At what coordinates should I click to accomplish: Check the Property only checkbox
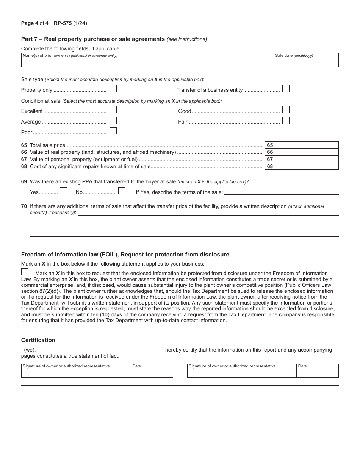click(113, 89)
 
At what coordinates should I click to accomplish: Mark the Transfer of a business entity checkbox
click(286, 89)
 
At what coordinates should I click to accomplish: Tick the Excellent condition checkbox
click(113, 110)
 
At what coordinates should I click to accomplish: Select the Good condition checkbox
click(286, 110)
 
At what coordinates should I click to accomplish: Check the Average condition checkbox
click(113, 120)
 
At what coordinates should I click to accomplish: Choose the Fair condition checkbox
click(286, 120)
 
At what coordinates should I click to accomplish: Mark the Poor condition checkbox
click(113, 131)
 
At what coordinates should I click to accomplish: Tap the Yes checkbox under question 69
click(63, 191)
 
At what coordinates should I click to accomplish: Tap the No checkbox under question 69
click(122, 191)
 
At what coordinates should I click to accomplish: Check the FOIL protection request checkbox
click(25, 272)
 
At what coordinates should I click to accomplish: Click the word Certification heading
click(38, 340)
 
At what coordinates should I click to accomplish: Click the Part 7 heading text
click(93, 39)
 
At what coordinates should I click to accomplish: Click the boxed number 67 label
click(270, 160)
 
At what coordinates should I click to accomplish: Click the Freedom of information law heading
click(125, 255)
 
